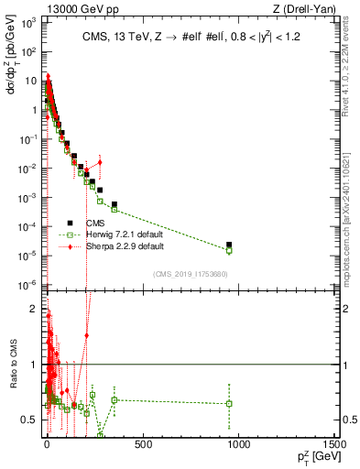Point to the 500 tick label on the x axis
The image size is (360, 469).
click(142, 444)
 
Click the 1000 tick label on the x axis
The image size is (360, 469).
click(238, 444)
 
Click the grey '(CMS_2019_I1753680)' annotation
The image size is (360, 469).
click(190, 274)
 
